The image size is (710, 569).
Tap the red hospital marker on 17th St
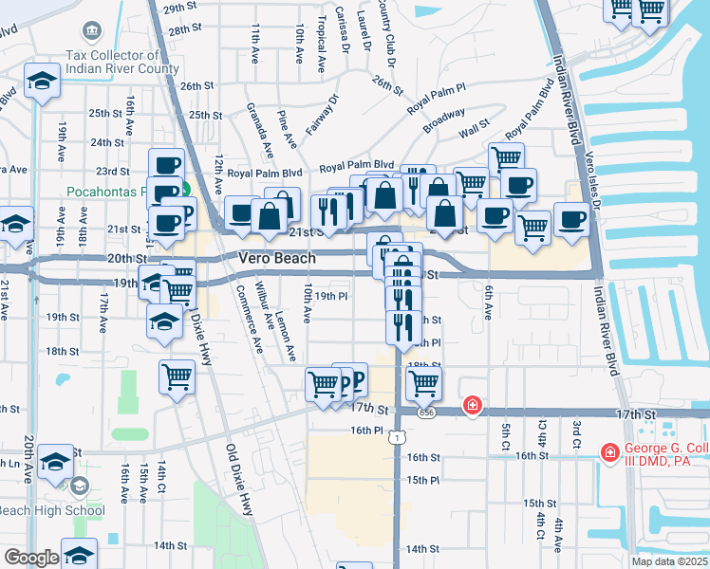pyautogui.click(x=471, y=406)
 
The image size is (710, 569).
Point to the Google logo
pyautogui.click(x=30, y=558)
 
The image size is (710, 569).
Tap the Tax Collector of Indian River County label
pyautogui.click(x=122, y=63)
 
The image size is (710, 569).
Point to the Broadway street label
pyautogui.click(x=443, y=122)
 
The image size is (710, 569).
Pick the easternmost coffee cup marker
pyautogui.click(x=571, y=219)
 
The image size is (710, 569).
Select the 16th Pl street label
pyautogui.click(x=364, y=430)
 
